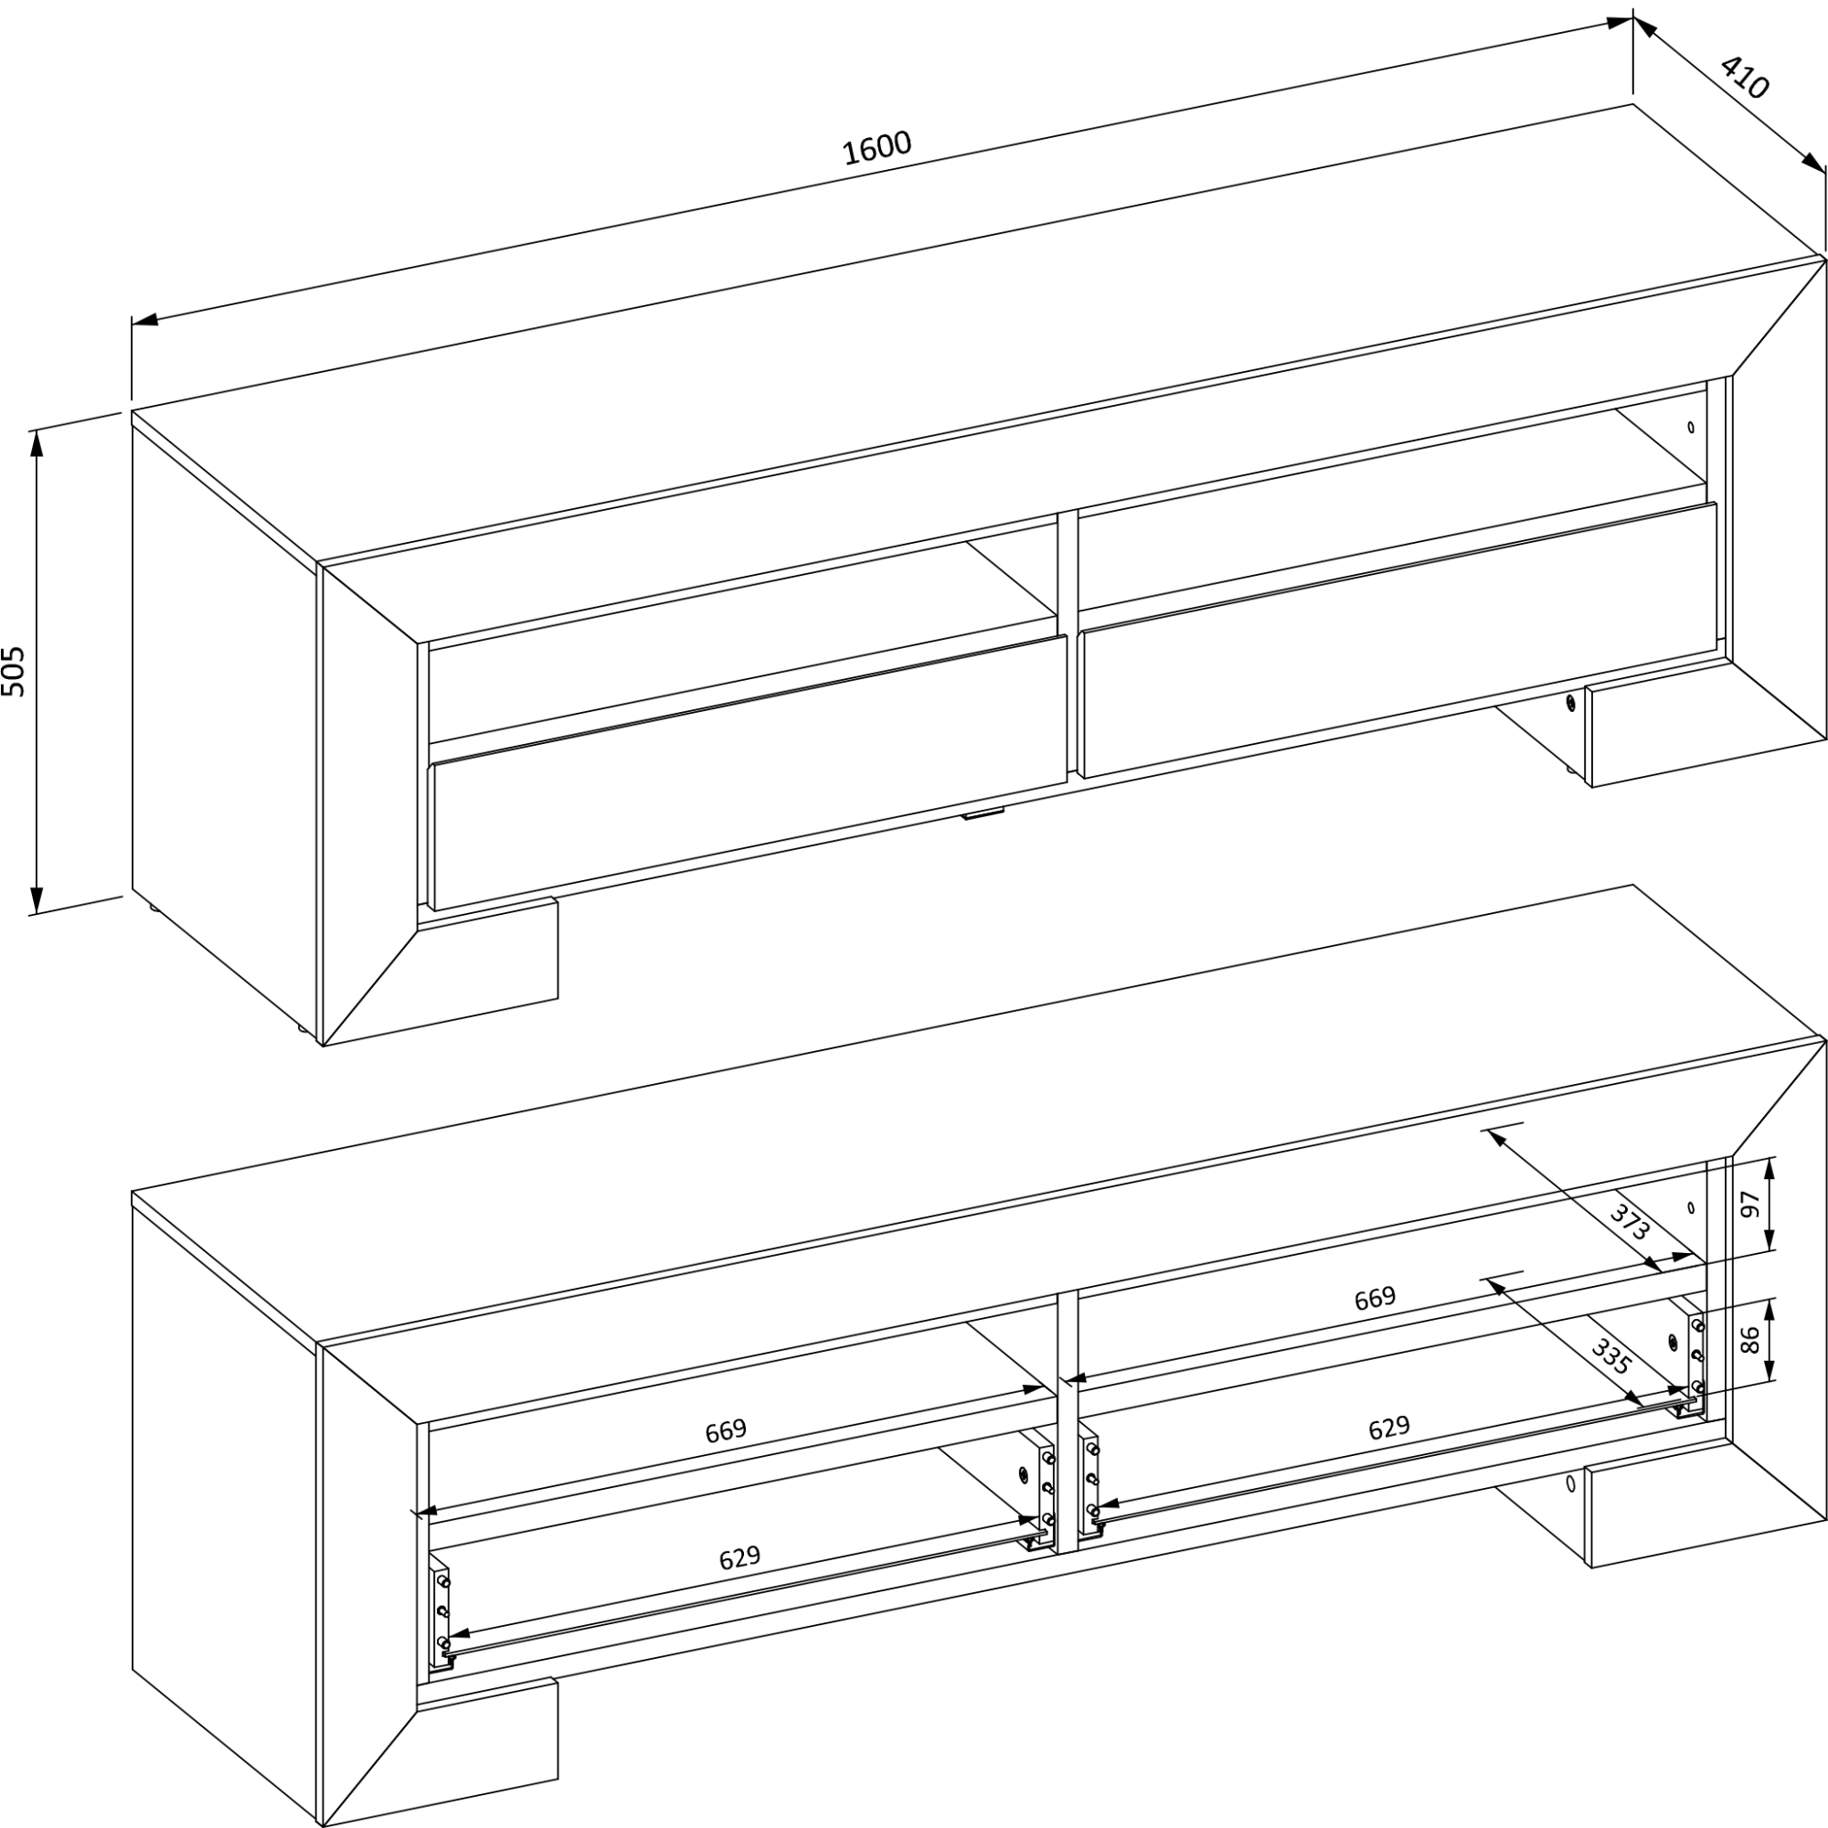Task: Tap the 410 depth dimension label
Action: (1744, 78)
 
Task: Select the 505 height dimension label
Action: (13, 672)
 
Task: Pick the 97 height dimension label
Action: (1750, 1205)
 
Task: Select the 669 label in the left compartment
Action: (726, 1429)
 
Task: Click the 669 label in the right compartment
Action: (1375, 1297)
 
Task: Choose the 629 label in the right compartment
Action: (1389, 1427)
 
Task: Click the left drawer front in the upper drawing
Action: (749, 772)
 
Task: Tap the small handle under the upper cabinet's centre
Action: (983, 813)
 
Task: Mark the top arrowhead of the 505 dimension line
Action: (37, 442)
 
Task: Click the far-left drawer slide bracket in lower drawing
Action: (441, 1613)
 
